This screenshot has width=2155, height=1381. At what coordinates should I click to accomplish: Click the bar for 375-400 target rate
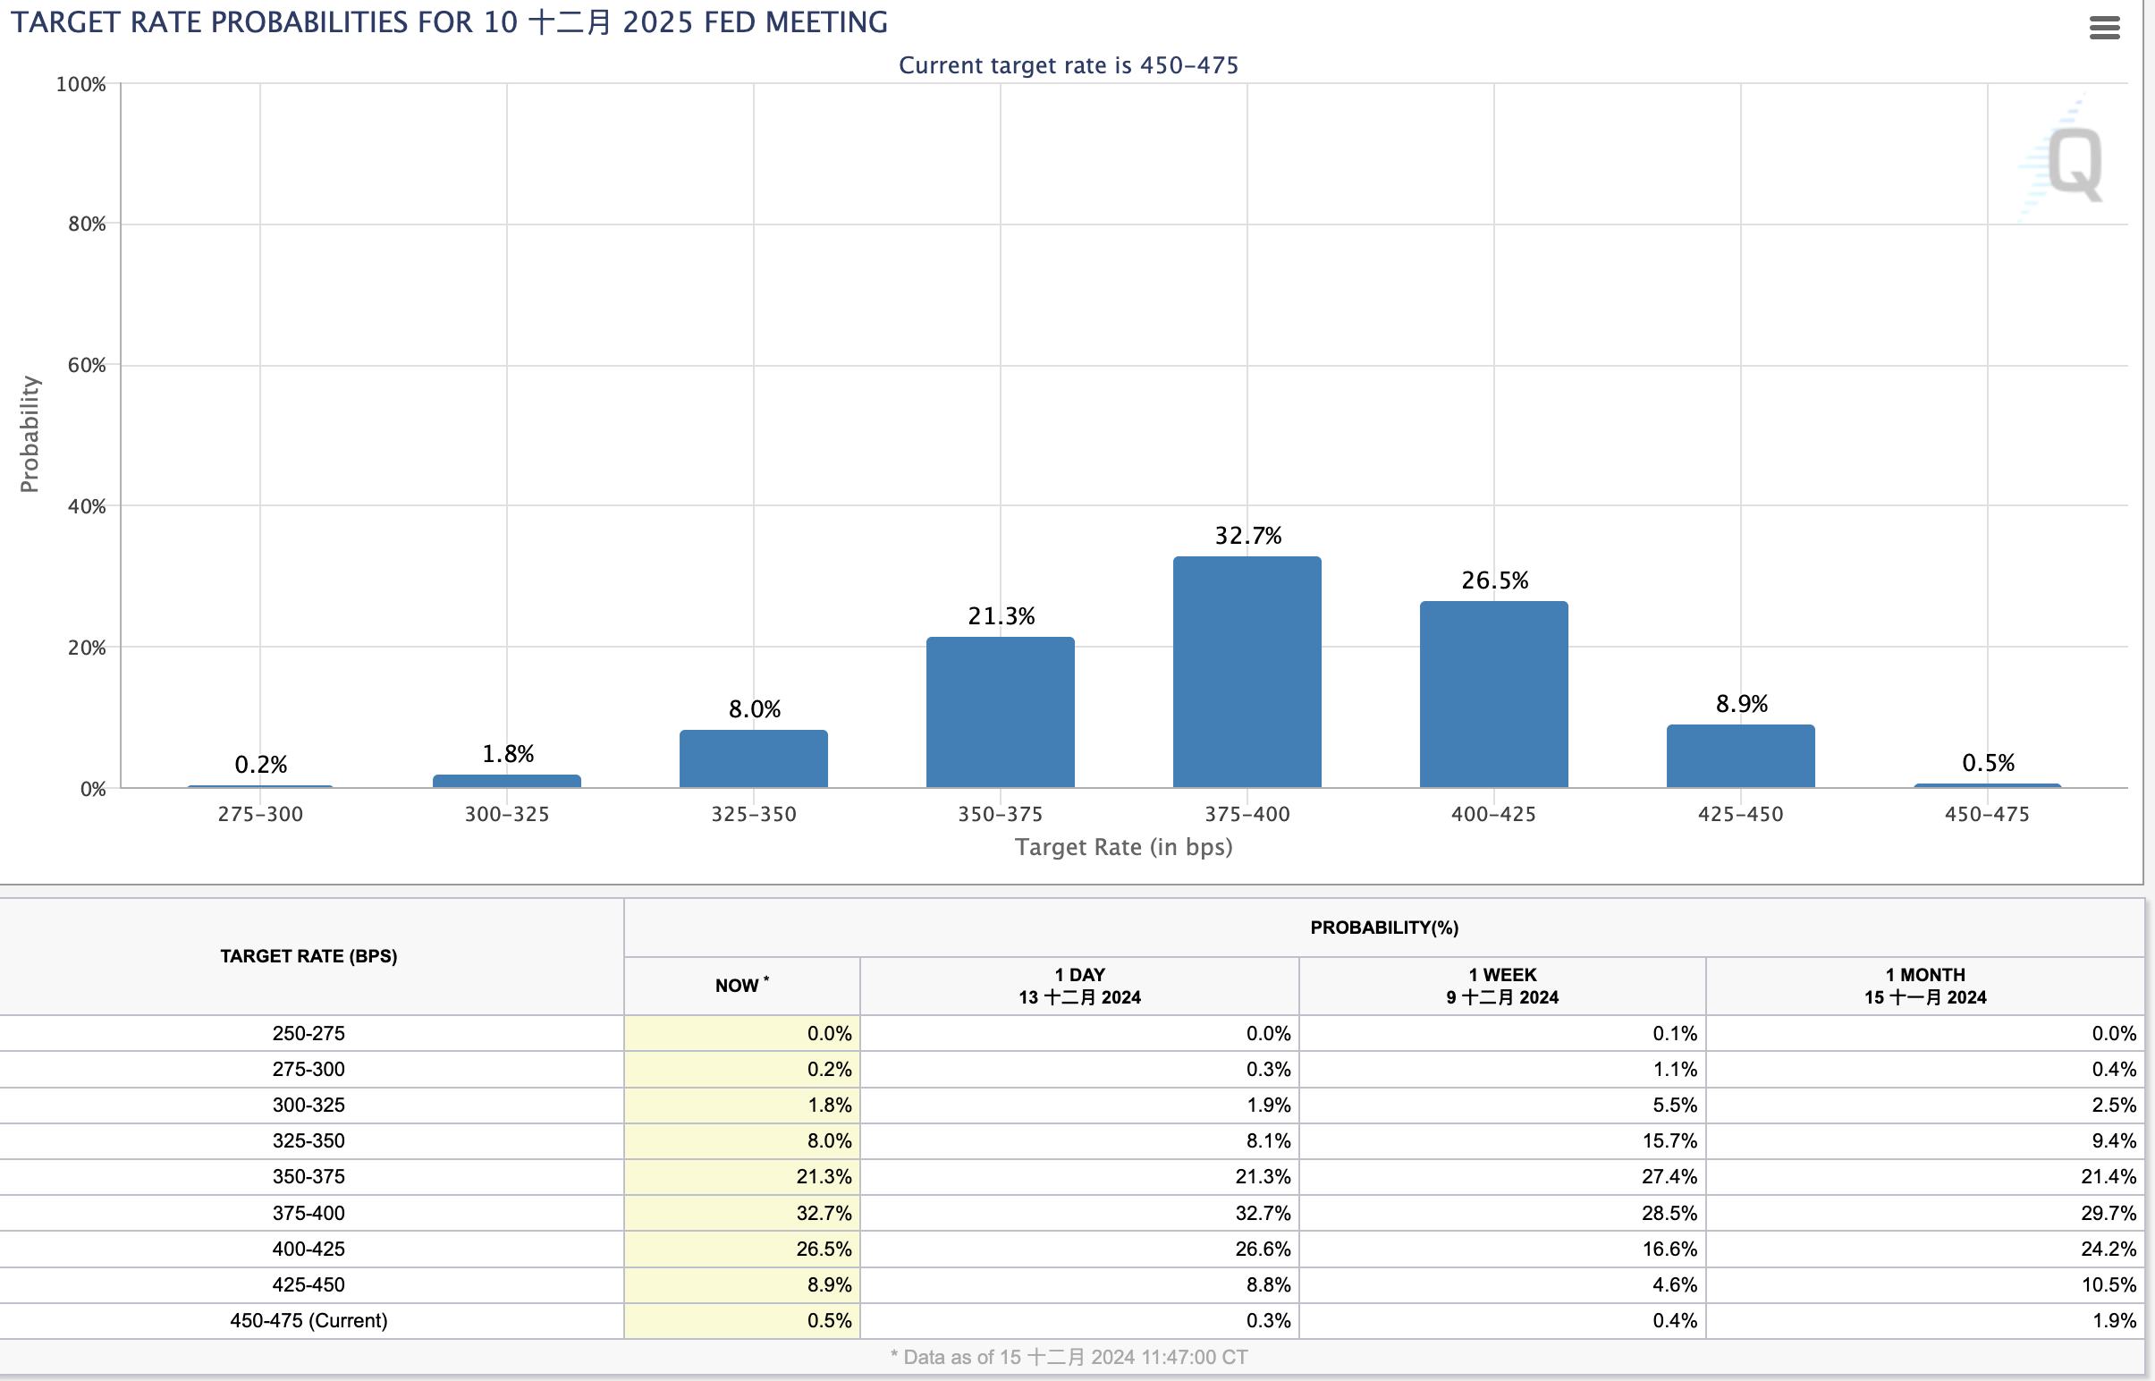coord(1247,673)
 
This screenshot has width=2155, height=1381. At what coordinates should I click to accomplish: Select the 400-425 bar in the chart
coord(1493,695)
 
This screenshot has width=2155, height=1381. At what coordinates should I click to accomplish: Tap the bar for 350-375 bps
coord(1001,713)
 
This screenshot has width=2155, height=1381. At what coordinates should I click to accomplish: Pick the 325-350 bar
coord(753,759)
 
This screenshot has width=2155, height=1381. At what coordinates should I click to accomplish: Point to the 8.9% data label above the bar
coord(1741,704)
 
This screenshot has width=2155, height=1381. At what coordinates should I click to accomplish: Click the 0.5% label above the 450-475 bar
coord(1988,763)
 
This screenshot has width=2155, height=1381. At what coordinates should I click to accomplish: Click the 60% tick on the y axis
coord(87,365)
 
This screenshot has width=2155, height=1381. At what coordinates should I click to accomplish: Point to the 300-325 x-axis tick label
coord(506,814)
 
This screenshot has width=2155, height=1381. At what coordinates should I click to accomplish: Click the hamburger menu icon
coord(2104,28)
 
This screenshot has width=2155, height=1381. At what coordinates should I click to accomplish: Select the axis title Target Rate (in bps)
coord(1123,847)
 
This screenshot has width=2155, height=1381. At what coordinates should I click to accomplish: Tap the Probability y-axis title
coord(30,434)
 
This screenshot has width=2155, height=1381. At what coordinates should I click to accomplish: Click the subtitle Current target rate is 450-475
coord(1068,65)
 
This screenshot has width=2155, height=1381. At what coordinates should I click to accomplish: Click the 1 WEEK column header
coord(1501,986)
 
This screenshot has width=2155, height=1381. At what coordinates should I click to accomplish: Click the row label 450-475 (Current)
coord(308,1320)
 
